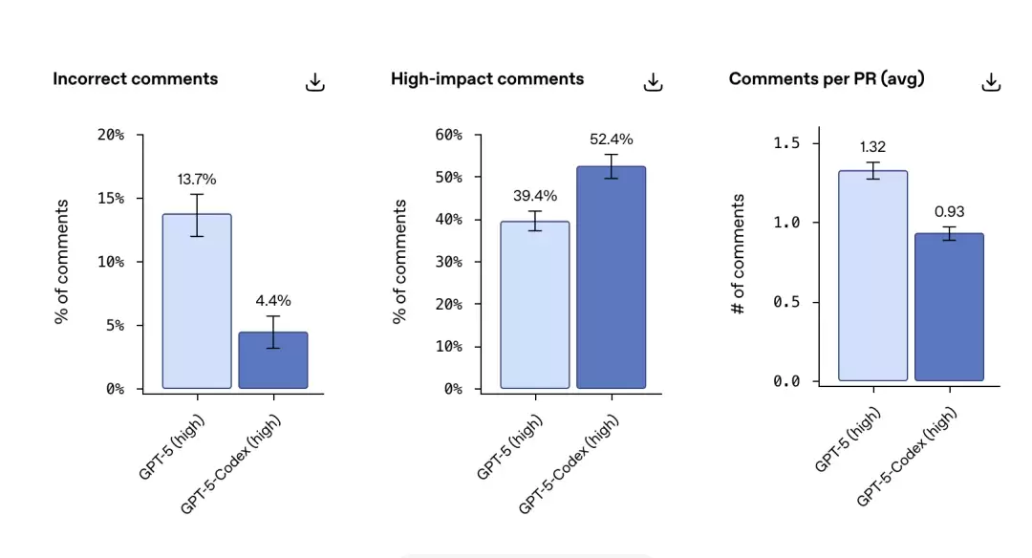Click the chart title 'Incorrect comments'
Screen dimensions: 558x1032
(x=136, y=79)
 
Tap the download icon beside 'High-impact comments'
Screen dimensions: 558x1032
(x=653, y=82)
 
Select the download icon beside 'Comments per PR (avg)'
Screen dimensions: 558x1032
(x=991, y=82)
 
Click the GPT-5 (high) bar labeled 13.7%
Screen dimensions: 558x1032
(x=197, y=301)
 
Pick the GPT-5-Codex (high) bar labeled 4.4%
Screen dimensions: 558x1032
(x=273, y=360)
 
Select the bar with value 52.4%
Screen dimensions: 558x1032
(x=612, y=277)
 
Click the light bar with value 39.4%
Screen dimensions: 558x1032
(x=535, y=305)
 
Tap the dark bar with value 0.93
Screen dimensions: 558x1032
(x=949, y=307)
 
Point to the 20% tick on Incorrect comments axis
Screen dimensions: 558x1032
(x=111, y=135)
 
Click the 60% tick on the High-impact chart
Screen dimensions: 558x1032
(x=449, y=135)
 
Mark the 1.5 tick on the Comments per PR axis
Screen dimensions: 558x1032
(x=787, y=143)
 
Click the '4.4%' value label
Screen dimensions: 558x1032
(x=273, y=300)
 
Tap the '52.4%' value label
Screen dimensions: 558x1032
(x=612, y=139)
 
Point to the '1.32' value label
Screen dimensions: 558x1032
(x=873, y=146)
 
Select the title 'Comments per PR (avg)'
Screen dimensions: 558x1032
(x=827, y=79)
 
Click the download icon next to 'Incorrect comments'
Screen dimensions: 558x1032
(x=315, y=82)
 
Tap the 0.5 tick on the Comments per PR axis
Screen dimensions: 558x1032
(x=787, y=302)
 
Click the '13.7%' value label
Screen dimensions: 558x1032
(x=197, y=179)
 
